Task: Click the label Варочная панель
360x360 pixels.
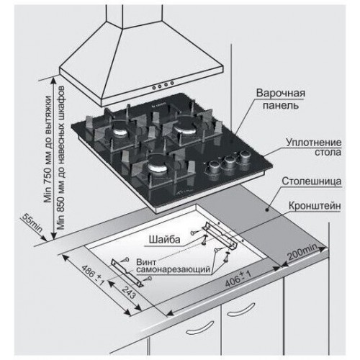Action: pyautogui.click(x=281, y=99)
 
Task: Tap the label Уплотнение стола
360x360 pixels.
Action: pyautogui.click(x=314, y=148)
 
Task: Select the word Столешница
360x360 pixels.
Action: pyautogui.click(x=312, y=181)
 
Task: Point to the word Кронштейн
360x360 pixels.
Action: pyautogui.click(x=315, y=206)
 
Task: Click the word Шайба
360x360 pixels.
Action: pyautogui.click(x=164, y=240)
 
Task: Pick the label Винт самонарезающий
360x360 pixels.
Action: pyautogui.click(x=174, y=266)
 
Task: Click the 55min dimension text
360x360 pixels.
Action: pyautogui.click(x=32, y=223)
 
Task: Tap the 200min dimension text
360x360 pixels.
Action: pyautogui.click(x=303, y=251)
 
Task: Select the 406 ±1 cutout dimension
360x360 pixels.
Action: pyautogui.click(x=238, y=278)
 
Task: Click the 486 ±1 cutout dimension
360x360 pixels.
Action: pyautogui.click(x=93, y=275)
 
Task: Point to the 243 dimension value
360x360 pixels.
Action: pyautogui.click(x=128, y=292)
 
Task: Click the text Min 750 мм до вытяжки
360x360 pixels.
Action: pyautogui.click(x=48, y=150)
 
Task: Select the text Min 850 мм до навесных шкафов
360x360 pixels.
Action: pyautogui.click(x=60, y=157)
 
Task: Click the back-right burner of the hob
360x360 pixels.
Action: pyautogui.click(x=186, y=127)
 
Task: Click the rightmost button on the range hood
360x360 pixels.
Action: pyautogui.click(x=172, y=84)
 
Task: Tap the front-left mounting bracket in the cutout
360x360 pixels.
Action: pyautogui.click(x=127, y=273)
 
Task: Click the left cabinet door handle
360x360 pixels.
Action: pyautogui.click(x=199, y=328)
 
